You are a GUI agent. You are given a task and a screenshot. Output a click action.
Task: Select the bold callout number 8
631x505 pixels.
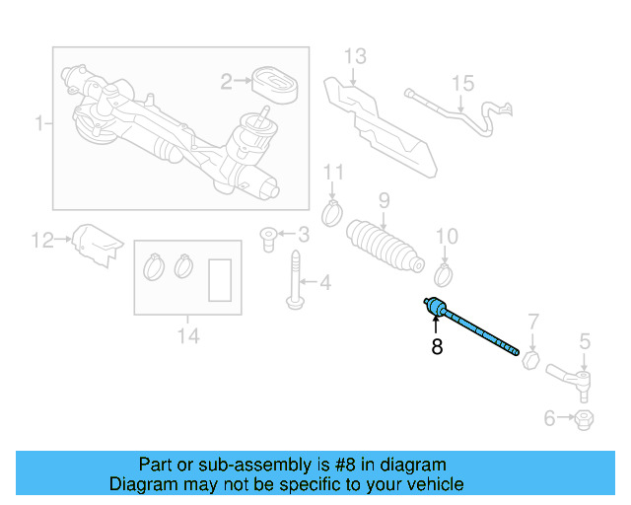(436, 347)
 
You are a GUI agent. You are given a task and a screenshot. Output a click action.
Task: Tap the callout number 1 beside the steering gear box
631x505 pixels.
(39, 124)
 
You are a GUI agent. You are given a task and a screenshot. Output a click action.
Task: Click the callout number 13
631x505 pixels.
(355, 56)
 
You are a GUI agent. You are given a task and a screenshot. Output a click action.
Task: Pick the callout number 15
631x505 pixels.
(462, 83)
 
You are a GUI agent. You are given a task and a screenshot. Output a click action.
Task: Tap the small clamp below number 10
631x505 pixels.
(446, 270)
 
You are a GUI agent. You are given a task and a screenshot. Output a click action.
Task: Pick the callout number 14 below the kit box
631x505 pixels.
(187, 337)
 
